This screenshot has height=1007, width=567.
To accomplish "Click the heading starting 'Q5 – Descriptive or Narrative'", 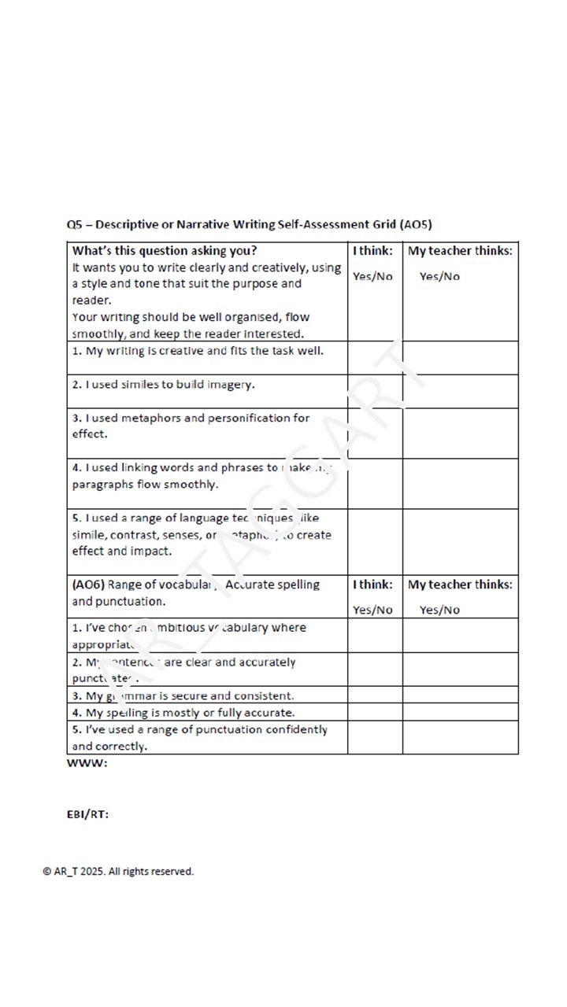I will tap(249, 224).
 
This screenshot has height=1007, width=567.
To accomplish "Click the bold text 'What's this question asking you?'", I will tap(165, 251).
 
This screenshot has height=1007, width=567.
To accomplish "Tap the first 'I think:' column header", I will tap(372, 251).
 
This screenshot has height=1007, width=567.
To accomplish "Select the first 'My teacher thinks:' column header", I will tap(460, 251).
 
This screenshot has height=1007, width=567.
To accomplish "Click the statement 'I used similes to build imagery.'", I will tap(164, 385).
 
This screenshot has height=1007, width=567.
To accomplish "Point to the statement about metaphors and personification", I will tap(191, 426).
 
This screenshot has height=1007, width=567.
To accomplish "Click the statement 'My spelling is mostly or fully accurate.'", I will tap(183, 713).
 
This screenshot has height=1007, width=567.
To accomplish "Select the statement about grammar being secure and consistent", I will tap(183, 695).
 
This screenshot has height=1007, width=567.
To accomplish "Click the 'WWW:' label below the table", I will tap(87, 763).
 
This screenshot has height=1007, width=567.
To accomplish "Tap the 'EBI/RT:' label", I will tap(87, 814).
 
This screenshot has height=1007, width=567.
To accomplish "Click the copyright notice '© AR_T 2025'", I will tap(118, 871).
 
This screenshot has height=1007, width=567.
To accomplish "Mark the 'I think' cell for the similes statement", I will tap(375, 391).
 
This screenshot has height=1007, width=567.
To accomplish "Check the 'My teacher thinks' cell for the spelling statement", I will tap(460, 712).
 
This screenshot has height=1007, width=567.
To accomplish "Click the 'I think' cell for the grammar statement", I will tap(375, 695).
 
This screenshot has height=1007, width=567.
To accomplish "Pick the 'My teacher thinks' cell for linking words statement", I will tap(460, 483).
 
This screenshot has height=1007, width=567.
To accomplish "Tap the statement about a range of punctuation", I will tap(199, 737).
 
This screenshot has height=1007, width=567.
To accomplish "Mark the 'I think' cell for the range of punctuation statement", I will tap(375, 737).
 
